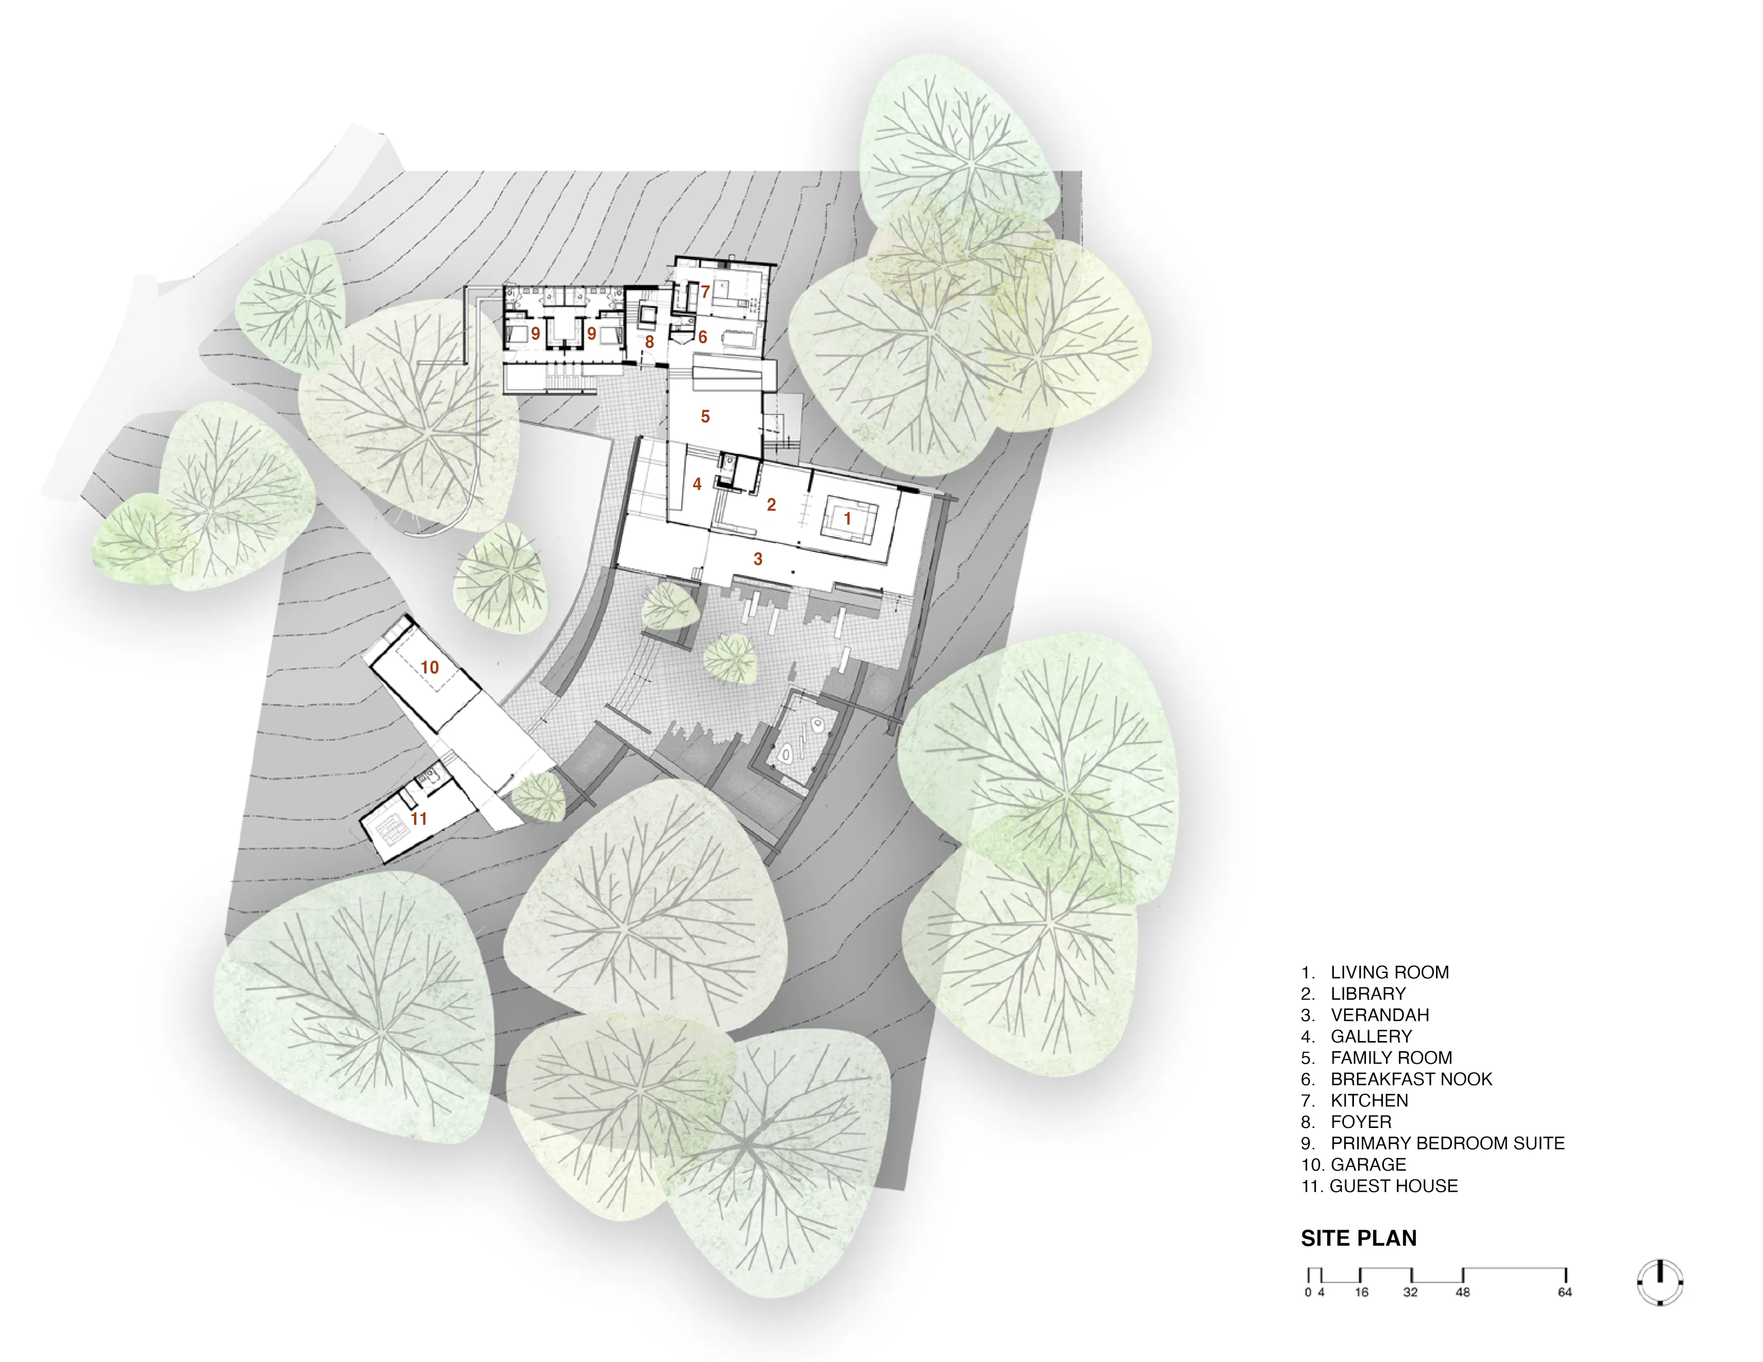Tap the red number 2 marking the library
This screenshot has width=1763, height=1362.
[x=771, y=504]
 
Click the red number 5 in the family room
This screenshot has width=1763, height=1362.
[x=705, y=417]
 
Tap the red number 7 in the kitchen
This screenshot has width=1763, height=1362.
[x=705, y=292]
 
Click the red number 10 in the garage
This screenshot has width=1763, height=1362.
[x=429, y=667]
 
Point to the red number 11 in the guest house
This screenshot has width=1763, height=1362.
[x=418, y=818]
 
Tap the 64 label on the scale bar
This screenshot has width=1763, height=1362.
[x=1564, y=1293]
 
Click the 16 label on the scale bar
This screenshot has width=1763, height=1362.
[x=1362, y=1293]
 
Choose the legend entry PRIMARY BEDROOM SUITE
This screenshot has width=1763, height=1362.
[x=1448, y=1143]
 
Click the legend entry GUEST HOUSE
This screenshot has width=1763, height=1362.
[x=1393, y=1186]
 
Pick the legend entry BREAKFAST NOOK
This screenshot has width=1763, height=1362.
[x=1411, y=1079]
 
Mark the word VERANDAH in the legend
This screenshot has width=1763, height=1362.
[x=1380, y=1015]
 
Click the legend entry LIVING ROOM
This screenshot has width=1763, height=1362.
[x=1389, y=972]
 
